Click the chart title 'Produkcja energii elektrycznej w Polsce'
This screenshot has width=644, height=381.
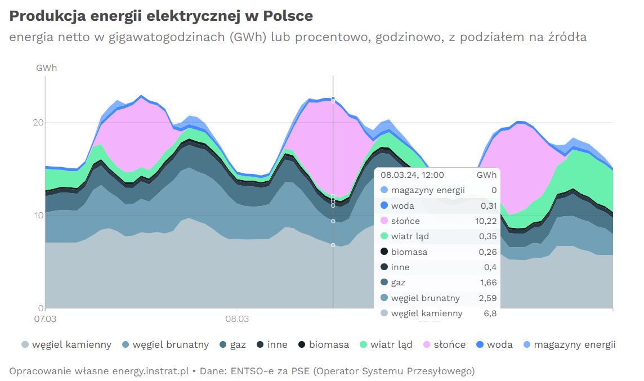(161, 16)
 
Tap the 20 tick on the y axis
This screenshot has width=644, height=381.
(38, 122)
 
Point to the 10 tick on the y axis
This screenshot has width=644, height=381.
(38, 215)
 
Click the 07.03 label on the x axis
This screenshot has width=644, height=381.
(46, 319)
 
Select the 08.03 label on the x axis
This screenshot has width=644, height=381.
(237, 319)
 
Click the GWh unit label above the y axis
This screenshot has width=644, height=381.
(46, 68)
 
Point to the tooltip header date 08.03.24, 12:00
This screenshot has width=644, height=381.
(412, 175)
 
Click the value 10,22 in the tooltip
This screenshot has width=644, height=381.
(486, 221)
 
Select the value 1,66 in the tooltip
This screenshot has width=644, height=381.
(488, 283)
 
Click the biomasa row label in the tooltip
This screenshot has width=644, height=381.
(409, 252)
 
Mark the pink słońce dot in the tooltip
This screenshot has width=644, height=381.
(384, 221)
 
